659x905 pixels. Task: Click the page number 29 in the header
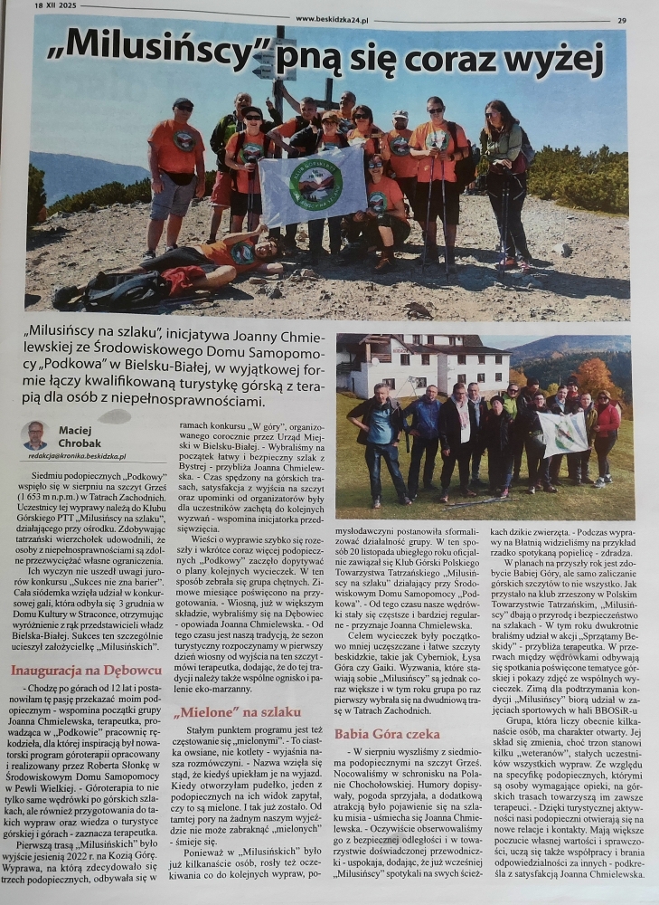click(x=622, y=20)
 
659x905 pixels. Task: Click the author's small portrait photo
click(x=35, y=435)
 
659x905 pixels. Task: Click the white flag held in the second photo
click(x=562, y=433)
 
